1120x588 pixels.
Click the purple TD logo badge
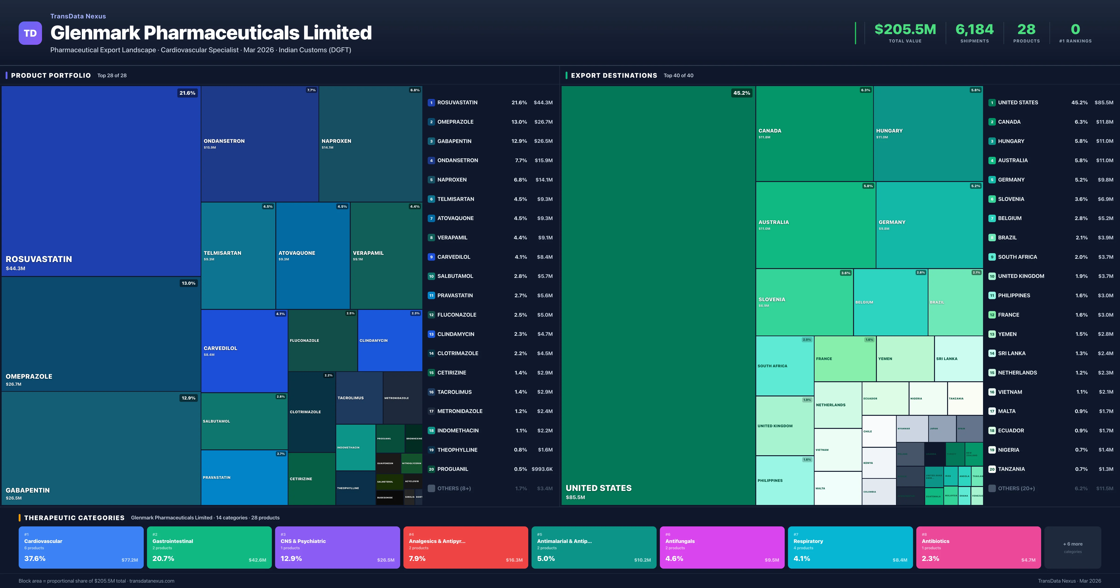[30, 33]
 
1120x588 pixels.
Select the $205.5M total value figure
[905, 30]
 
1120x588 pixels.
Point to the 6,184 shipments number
[974, 30]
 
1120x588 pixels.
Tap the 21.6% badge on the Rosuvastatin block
[187, 93]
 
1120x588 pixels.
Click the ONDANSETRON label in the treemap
[224, 141]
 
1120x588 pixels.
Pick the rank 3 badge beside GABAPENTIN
[431, 141]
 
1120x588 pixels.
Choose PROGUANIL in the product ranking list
[453, 469]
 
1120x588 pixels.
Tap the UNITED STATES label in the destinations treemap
[598, 488]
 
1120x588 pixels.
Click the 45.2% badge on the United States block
[741, 93]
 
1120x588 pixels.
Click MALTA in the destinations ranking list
[1007, 411]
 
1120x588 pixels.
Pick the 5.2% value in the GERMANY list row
[1081, 180]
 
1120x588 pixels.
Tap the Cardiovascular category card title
[43, 541]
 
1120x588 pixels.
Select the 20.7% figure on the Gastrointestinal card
[163, 558]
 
